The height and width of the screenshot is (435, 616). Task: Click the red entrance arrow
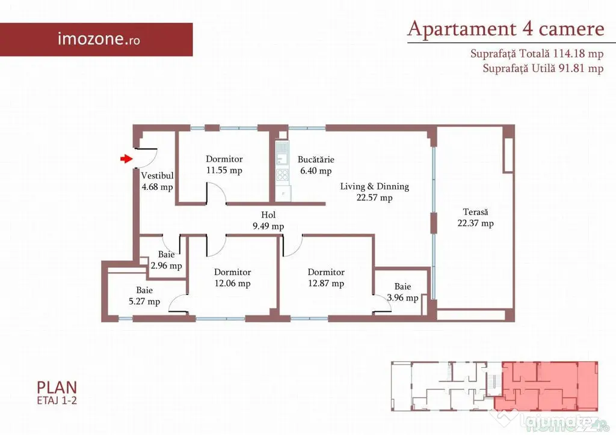tap(126, 159)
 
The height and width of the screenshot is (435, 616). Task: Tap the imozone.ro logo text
tap(99, 39)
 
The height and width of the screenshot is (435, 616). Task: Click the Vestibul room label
tap(157, 175)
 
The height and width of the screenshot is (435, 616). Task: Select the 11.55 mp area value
tap(224, 170)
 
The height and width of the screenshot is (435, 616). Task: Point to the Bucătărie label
tap(316, 160)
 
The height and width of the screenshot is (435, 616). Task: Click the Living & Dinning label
tap(374, 186)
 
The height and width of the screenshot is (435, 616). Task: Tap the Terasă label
tap(475, 212)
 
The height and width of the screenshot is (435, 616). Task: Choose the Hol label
tap(268, 215)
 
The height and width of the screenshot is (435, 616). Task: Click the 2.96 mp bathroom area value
tap(166, 266)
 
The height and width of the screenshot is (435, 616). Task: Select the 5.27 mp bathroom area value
tap(144, 302)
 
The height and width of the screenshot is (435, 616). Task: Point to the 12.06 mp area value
tap(233, 283)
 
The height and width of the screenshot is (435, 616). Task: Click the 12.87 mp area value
tap(326, 283)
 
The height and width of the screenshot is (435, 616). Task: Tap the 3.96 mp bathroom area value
tap(402, 298)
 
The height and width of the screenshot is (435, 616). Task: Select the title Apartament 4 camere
tap(505, 29)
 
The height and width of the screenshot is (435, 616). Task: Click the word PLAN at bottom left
tap(57, 388)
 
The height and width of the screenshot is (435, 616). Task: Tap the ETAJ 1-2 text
tap(57, 401)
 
